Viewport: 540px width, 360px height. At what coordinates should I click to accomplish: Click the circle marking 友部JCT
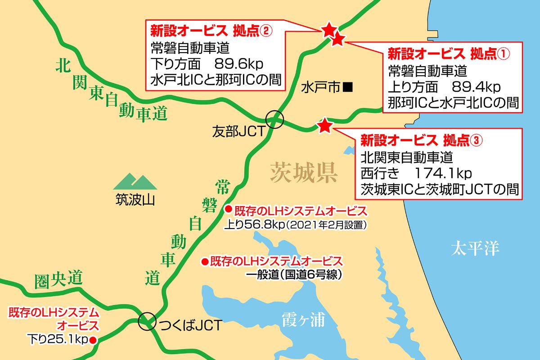click(274, 120)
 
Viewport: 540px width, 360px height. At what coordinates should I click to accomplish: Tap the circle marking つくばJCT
click(146, 322)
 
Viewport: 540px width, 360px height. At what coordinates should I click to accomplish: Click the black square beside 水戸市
click(347, 87)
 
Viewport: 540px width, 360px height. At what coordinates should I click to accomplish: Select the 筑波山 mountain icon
click(135, 181)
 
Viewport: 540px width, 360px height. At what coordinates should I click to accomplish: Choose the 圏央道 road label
click(58, 280)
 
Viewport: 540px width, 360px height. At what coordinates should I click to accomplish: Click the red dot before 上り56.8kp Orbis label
click(228, 209)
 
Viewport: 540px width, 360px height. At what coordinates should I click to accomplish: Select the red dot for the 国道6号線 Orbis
click(204, 261)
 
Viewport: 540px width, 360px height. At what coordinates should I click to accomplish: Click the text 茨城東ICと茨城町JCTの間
click(439, 189)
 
